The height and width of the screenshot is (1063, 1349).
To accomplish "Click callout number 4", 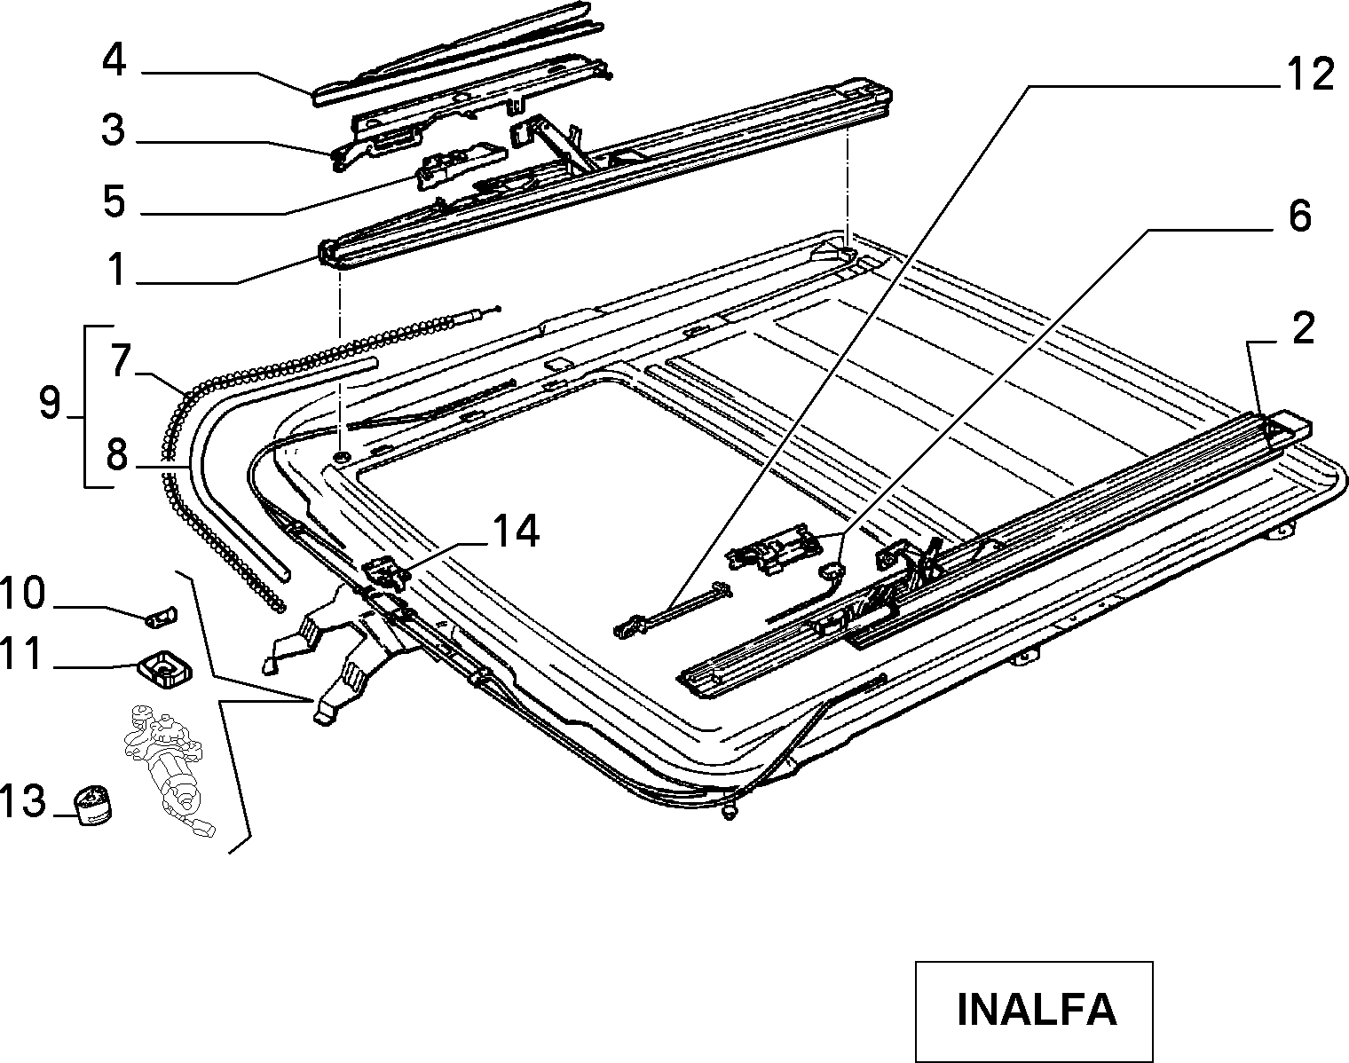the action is [x=114, y=61].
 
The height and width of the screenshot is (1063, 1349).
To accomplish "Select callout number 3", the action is [x=114, y=130].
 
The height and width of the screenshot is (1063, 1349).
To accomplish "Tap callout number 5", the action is [x=114, y=201].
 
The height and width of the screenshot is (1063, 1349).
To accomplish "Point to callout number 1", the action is [x=116, y=270].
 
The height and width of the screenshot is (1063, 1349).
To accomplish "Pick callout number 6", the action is [x=1299, y=217].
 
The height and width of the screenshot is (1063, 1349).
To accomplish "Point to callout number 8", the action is [x=117, y=455].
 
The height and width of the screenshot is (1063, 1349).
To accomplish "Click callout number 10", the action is [x=22, y=593].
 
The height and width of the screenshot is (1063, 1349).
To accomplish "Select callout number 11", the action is [x=22, y=653].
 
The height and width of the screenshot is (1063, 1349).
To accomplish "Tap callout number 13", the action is [x=22, y=800].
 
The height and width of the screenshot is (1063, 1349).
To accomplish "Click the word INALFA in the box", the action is [x=1037, y=1009].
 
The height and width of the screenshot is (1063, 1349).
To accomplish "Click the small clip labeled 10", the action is [x=162, y=616].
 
